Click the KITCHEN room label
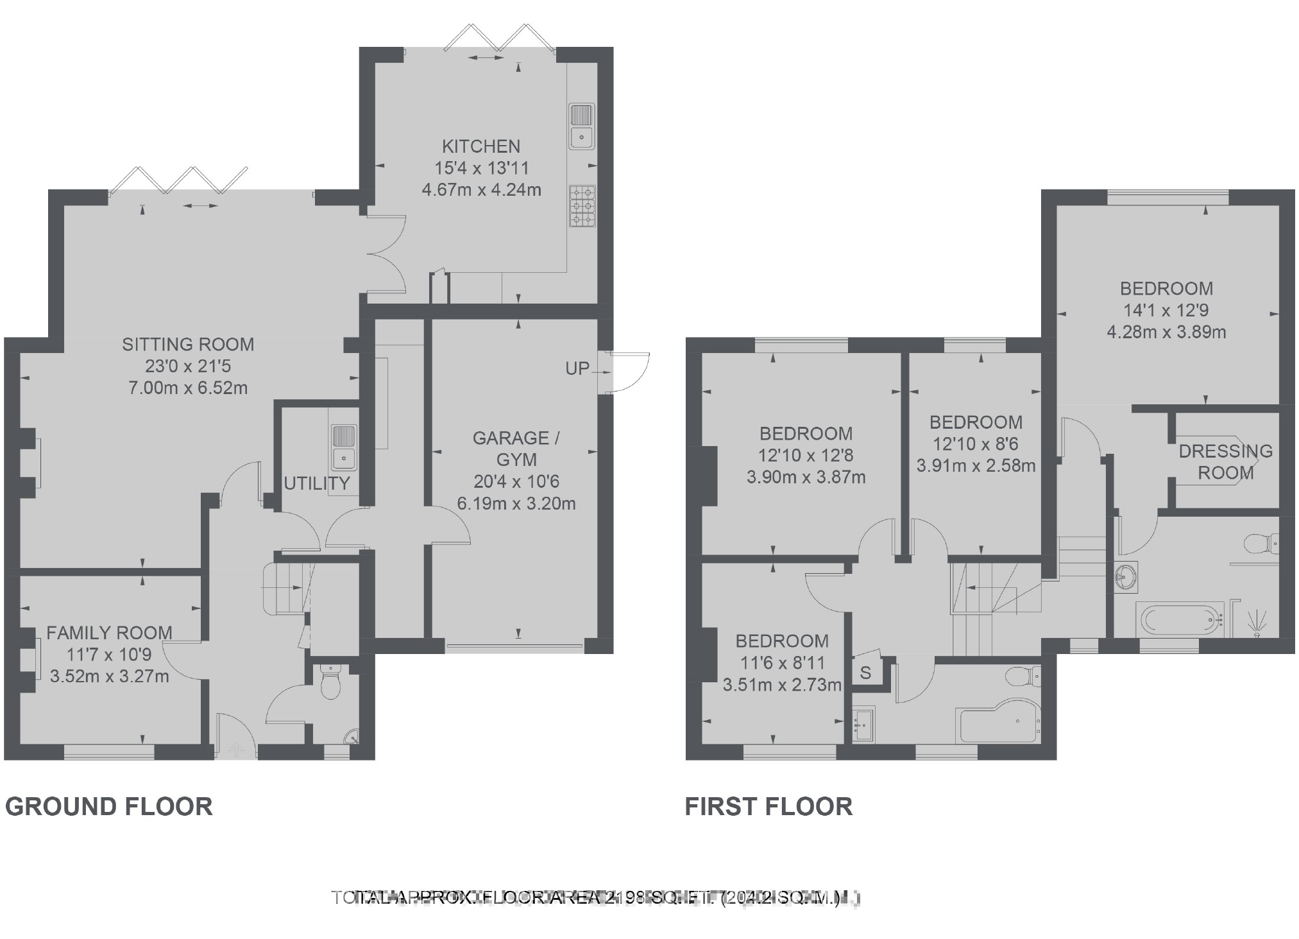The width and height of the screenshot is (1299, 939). point(481,146)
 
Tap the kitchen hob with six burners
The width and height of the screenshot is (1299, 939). point(582,206)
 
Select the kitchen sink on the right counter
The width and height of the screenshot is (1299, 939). point(582,126)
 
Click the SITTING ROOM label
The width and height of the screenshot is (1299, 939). point(188,345)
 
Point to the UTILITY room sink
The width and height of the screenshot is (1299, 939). point(344,447)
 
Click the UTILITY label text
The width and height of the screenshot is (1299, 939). point(317,483)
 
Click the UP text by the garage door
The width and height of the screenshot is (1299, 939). point(577,368)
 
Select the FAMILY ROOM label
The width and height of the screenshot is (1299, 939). point(109,633)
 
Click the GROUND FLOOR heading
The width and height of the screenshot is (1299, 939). point(109,806)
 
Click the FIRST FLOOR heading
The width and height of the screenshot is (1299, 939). point(768,806)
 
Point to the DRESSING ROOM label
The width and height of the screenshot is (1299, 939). point(1225,461)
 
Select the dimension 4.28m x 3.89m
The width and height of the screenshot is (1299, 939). point(1166,332)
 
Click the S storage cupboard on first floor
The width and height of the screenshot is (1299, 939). point(866,673)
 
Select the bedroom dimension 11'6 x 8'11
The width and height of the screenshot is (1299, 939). point(782,662)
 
